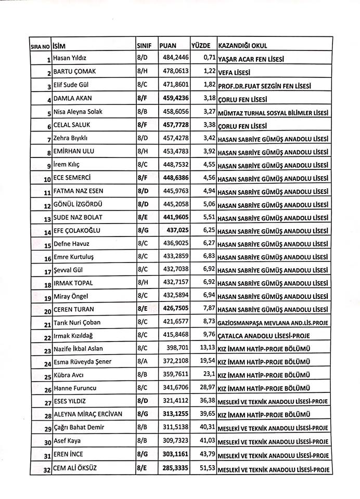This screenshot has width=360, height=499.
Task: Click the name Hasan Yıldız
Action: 70,57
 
